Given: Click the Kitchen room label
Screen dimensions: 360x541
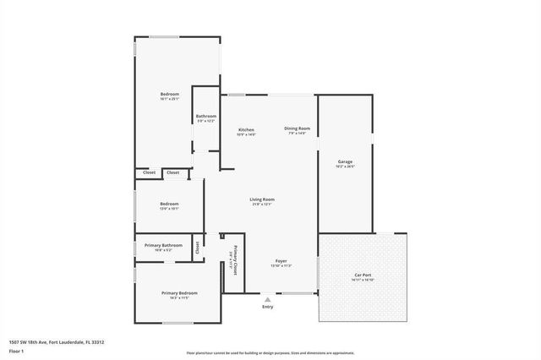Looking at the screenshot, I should pyautogui.click(x=246, y=129).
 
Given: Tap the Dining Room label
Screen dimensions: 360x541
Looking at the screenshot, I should pyautogui.click(x=297, y=128).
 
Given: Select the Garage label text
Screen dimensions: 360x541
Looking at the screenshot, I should pyautogui.click(x=345, y=161).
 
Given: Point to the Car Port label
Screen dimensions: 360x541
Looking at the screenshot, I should pyautogui.click(x=363, y=276).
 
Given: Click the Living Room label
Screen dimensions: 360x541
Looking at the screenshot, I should pyautogui.click(x=261, y=199).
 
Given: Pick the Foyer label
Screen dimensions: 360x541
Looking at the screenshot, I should pyautogui.click(x=281, y=261).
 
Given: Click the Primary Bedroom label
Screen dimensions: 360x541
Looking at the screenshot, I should pyautogui.click(x=179, y=293).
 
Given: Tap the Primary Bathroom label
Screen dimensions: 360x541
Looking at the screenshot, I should pyautogui.click(x=163, y=245).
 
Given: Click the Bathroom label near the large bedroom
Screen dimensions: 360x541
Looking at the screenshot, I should pyautogui.click(x=206, y=116).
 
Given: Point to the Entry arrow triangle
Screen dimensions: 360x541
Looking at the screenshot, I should pyautogui.click(x=268, y=299).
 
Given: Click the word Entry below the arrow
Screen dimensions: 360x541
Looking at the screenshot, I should pyautogui.click(x=268, y=307).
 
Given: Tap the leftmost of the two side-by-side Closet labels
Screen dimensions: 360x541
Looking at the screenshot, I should pyautogui.click(x=149, y=172).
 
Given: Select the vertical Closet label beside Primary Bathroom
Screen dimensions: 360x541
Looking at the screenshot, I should pyautogui.click(x=198, y=247).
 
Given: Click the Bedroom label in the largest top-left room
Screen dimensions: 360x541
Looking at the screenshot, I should pyautogui.click(x=170, y=93).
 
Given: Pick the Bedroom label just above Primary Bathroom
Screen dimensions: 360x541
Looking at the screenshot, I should pyautogui.click(x=170, y=204).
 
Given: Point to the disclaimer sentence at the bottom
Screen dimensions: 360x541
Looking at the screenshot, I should pyautogui.click(x=270, y=352).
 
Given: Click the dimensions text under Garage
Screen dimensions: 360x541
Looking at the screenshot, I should pyautogui.click(x=345, y=166).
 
